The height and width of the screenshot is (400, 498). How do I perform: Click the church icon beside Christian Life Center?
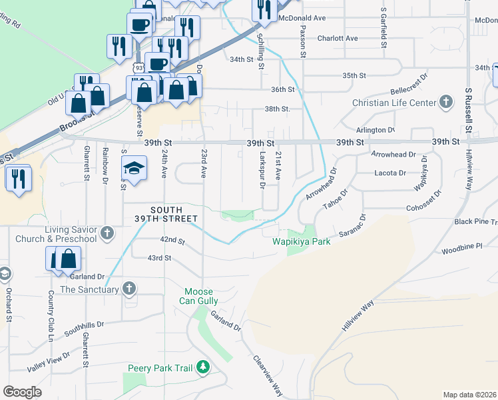tap(445, 102)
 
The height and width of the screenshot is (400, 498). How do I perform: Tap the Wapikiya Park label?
tap(302, 242)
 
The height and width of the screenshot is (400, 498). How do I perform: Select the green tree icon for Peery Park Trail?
tap(203, 367)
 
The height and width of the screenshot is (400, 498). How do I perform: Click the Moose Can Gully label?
tap(199, 297)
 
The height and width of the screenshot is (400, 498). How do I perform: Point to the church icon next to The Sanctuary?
tap(130, 289)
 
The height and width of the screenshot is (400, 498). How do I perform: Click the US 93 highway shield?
tap(138, 68)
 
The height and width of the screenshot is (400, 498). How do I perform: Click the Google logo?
tap(22, 392)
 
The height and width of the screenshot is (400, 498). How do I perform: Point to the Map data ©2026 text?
tap(469, 395)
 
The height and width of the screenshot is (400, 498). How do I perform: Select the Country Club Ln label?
tap(50, 317)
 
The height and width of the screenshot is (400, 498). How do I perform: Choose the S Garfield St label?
tap(384, 29)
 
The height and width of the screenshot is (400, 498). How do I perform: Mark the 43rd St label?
tap(160, 257)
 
